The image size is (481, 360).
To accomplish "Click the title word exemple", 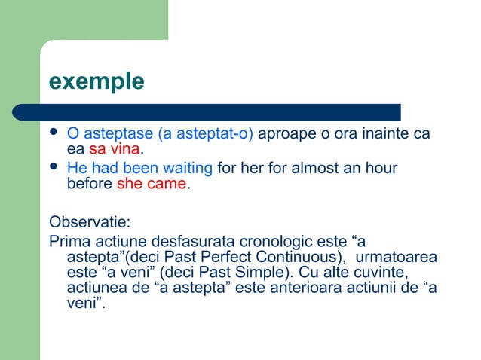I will coord(96,81).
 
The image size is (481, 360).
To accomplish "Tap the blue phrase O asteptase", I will coord(109,134).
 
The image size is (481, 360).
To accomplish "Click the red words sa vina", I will coord(114,149).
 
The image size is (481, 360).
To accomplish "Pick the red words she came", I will coord(152,184).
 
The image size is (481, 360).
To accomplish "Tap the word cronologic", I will coord(280,242).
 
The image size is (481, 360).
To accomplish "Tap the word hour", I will coord(380,168).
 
